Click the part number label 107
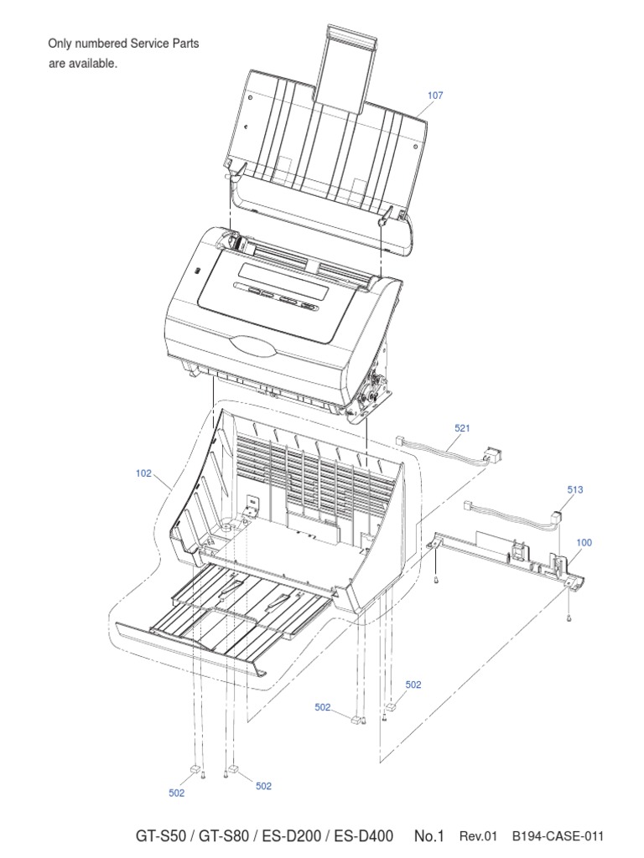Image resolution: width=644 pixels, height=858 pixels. (435, 96)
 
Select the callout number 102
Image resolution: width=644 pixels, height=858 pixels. (143, 473)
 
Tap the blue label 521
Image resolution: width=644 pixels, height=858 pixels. (462, 428)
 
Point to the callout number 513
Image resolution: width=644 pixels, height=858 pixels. (575, 489)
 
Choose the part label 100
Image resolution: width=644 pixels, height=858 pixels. (584, 542)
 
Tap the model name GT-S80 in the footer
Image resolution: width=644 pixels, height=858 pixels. (223, 836)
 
